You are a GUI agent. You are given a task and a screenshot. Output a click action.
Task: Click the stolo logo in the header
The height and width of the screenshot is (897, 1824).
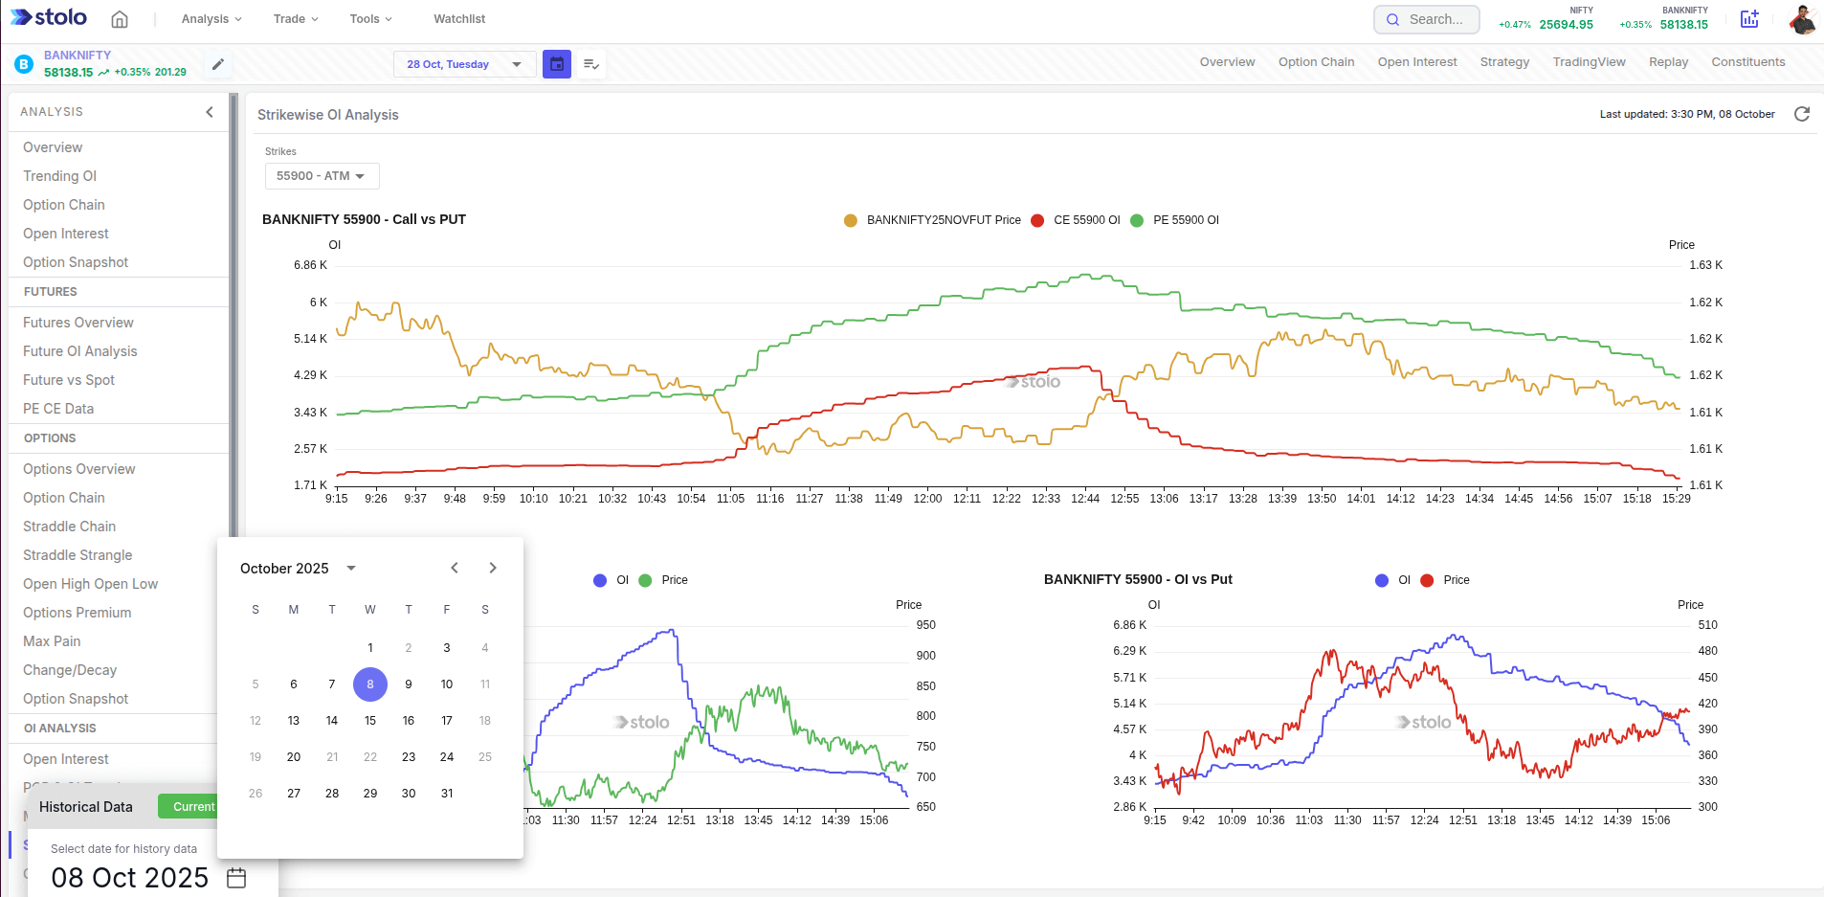(x=49, y=18)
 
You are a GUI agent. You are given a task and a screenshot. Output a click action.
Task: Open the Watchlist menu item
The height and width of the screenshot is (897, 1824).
(x=458, y=19)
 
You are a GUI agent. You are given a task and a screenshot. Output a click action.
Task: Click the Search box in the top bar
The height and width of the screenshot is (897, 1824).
(x=1426, y=19)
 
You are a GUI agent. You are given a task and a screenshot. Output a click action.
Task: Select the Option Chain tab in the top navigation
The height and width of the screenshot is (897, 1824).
(x=1316, y=62)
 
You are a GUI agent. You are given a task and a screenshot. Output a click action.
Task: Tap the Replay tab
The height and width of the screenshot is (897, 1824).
(x=1668, y=62)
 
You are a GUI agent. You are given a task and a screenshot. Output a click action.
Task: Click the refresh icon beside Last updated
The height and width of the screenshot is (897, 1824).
(x=1802, y=114)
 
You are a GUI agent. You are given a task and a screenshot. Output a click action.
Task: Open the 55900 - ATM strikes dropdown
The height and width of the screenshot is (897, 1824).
(x=322, y=176)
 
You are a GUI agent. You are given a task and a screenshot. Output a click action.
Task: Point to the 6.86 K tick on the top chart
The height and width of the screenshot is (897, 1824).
(x=310, y=265)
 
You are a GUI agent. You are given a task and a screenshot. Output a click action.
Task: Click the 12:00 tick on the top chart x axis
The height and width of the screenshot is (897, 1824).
(x=927, y=499)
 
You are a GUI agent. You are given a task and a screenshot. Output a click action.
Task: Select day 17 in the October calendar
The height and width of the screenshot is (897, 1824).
(x=447, y=721)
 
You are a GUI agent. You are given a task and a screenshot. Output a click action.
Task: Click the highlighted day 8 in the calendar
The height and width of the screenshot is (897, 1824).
(x=370, y=684)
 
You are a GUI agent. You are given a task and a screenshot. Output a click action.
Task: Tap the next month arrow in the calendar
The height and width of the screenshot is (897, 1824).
(x=493, y=568)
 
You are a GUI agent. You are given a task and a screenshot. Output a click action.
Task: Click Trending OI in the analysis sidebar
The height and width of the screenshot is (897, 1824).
(x=60, y=176)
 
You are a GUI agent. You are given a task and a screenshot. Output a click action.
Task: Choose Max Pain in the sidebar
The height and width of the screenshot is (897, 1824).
(x=52, y=641)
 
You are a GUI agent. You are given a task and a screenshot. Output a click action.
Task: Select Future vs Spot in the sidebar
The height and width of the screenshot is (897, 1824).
(x=69, y=380)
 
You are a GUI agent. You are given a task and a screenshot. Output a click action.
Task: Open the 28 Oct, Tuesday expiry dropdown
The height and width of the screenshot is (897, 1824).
(x=464, y=64)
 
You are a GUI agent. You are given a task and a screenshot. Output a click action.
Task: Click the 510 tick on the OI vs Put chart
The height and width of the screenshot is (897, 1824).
(x=1707, y=625)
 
